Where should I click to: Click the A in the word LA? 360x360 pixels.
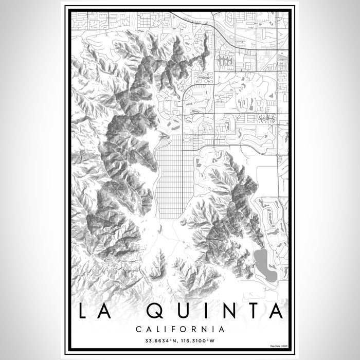click(110, 312)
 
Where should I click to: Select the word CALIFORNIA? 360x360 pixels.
click(180, 329)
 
